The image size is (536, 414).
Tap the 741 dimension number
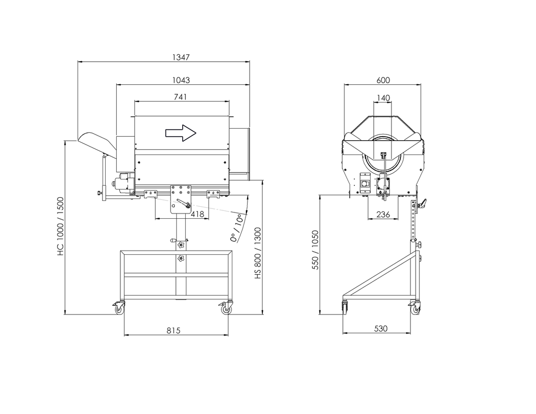pos(182,97)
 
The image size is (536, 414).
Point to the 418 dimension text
pos(197,214)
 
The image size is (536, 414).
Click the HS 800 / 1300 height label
pos(258,252)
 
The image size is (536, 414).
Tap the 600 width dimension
pos(383,80)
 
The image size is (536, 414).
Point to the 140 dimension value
pos(383,98)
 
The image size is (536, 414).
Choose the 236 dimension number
pos(383,214)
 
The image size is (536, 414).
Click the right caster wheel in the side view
pos(226,309)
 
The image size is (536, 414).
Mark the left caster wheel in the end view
pos(345,308)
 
